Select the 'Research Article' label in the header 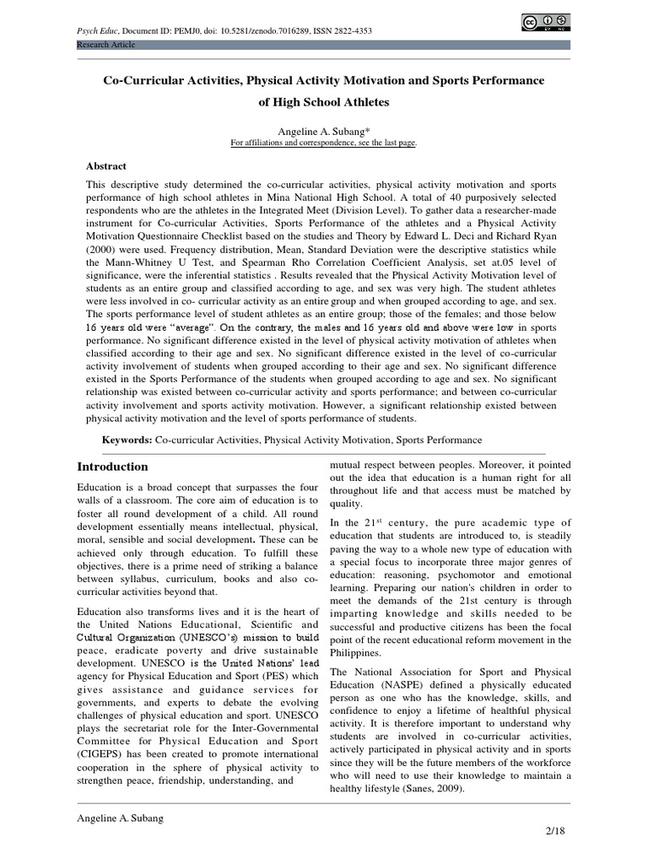point(105,44)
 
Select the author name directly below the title point(324,131)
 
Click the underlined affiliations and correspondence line point(324,143)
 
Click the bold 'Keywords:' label point(127,440)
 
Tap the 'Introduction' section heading point(112,467)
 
